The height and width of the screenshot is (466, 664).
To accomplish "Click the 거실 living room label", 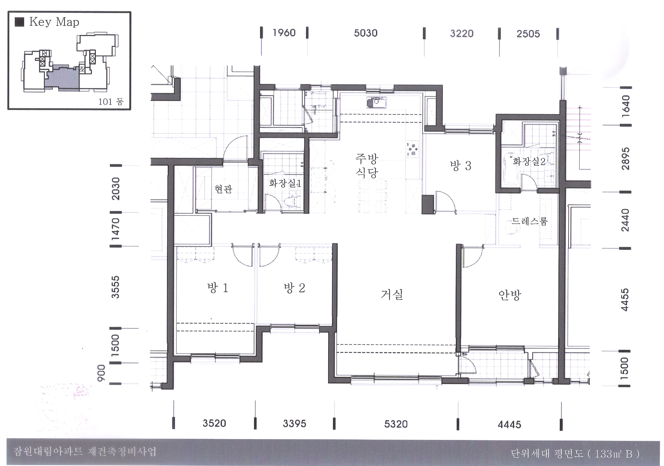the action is (x=392, y=294).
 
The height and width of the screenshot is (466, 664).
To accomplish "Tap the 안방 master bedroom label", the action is (x=510, y=295).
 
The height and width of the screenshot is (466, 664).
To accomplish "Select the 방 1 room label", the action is (x=218, y=288).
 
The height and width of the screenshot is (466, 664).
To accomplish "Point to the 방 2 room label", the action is (x=294, y=288).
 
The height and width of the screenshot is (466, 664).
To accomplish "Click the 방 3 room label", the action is (x=461, y=166).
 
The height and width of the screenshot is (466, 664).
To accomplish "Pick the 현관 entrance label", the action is (x=223, y=189).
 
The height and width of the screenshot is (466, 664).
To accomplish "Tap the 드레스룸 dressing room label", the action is (x=529, y=222).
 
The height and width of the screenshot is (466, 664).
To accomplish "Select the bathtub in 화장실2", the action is (x=511, y=172).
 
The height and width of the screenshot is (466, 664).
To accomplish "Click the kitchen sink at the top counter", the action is (x=376, y=103).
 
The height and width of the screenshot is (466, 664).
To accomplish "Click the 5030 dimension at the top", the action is (x=366, y=33).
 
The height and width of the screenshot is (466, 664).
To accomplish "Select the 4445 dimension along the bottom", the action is (x=509, y=425).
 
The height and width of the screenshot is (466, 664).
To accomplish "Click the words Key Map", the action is (x=54, y=22).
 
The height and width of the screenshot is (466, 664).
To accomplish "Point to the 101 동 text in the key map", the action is (x=111, y=102).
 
